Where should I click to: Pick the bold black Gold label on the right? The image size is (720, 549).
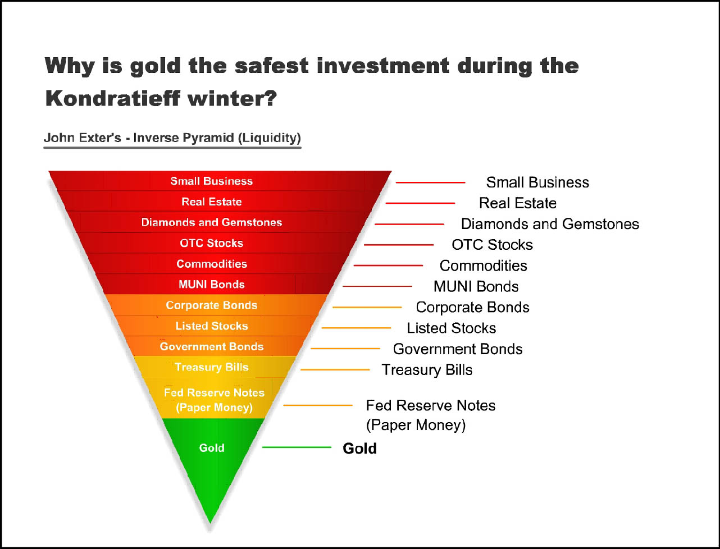click(360, 449)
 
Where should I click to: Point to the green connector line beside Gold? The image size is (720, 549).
click(297, 447)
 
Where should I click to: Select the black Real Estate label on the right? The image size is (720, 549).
click(518, 203)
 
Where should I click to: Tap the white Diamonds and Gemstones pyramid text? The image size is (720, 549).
click(212, 222)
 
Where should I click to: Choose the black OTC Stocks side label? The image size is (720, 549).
click(492, 245)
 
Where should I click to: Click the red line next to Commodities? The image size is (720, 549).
click(389, 266)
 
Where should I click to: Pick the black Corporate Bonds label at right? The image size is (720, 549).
click(472, 308)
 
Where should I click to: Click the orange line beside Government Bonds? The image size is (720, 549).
click(345, 349)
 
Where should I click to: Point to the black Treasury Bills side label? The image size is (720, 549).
click(427, 370)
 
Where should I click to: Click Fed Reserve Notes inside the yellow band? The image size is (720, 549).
click(214, 392)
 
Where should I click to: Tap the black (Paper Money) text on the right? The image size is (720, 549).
click(416, 425)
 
